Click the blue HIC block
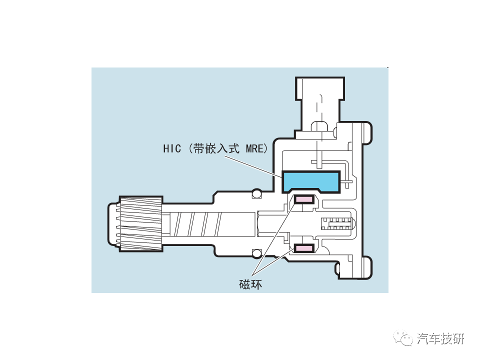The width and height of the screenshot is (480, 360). [x=311, y=181]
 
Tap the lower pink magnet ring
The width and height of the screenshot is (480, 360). [x=303, y=247]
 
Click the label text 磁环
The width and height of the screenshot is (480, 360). [x=250, y=284]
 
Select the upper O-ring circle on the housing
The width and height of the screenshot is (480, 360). [x=257, y=193]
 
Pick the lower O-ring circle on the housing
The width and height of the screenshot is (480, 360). [x=257, y=252]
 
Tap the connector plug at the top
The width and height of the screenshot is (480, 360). [x=319, y=100]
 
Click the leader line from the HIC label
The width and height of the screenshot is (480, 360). [x=253, y=165]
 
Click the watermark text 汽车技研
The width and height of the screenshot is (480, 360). [x=440, y=338]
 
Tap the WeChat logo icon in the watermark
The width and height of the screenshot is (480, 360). [x=404, y=338]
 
